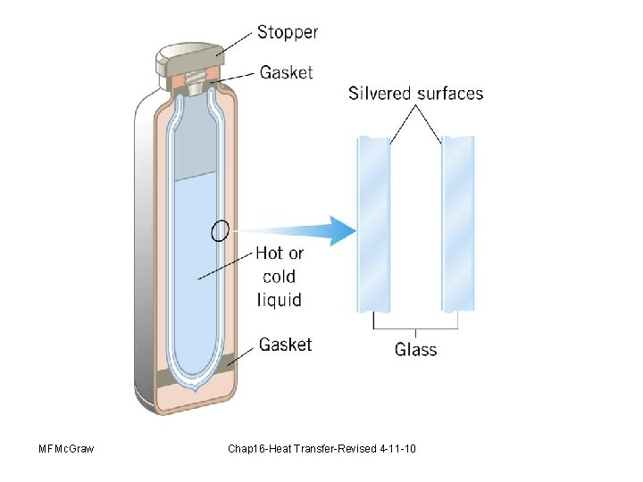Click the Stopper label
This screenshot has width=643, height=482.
click(288, 32)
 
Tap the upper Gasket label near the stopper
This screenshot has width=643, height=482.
click(287, 72)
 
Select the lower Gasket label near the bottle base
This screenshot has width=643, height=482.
click(286, 345)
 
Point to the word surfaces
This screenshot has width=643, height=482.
click(451, 93)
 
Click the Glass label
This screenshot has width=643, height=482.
click(416, 349)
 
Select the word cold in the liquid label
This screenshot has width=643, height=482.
click(279, 277)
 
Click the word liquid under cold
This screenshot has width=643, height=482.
click(280, 299)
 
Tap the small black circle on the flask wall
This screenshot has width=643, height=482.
click(220, 231)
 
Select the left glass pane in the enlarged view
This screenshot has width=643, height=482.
click(374, 222)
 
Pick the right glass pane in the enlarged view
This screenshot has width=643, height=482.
click(458, 222)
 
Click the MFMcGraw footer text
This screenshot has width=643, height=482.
click(67, 447)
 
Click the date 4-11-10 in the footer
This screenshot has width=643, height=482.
click(397, 447)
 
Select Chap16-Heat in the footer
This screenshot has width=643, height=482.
click(260, 447)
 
